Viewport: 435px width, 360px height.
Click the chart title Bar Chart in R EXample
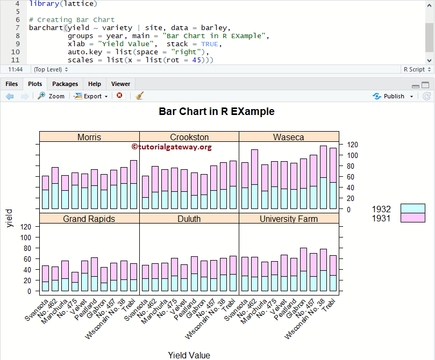[x=217, y=112]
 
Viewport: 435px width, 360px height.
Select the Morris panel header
[x=89, y=137]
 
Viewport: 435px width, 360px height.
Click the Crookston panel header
[x=189, y=137]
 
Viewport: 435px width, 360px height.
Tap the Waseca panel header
[x=289, y=137]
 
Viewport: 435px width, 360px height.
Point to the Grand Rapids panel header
[x=89, y=219]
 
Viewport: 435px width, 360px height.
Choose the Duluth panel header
[x=189, y=219]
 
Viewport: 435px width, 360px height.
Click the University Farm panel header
[x=289, y=219]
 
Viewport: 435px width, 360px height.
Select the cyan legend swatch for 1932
[x=409, y=208]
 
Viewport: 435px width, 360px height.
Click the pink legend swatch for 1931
[x=409, y=218]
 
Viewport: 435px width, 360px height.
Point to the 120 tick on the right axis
[x=353, y=145]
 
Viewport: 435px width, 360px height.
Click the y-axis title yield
[x=9, y=218]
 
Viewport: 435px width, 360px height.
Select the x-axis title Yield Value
[x=189, y=355]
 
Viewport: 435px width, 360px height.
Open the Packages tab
[x=65, y=84]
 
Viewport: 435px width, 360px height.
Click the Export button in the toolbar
[x=91, y=96]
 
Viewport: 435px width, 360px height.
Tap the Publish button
[x=394, y=96]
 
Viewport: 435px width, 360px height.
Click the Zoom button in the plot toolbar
[x=51, y=96]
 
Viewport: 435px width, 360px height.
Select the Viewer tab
[x=120, y=84]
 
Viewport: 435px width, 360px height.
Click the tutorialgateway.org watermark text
[x=172, y=147]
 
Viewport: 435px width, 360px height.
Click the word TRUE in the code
[x=210, y=44]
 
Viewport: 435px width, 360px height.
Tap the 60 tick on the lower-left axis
[x=26, y=259]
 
